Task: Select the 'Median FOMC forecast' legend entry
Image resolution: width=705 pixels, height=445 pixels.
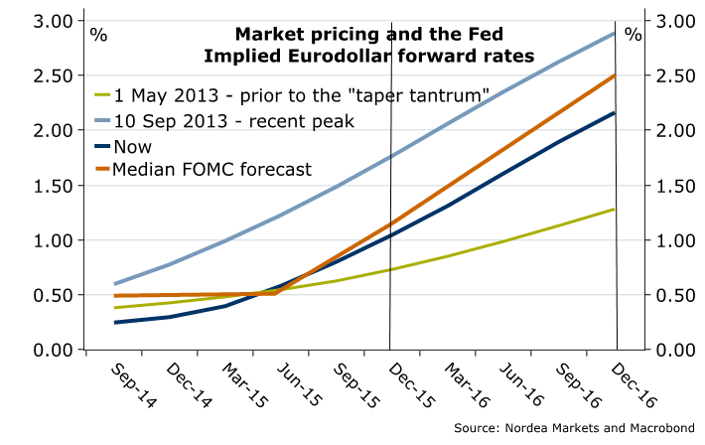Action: (212, 169)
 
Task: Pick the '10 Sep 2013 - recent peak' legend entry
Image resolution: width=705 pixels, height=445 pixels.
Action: (232, 121)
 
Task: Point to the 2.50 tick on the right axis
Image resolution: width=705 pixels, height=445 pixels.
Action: (672, 74)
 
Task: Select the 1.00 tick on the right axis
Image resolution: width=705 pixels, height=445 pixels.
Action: (672, 239)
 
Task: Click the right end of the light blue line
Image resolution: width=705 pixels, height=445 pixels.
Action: (615, 33)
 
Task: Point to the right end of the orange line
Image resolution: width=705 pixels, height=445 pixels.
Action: (615, 75)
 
